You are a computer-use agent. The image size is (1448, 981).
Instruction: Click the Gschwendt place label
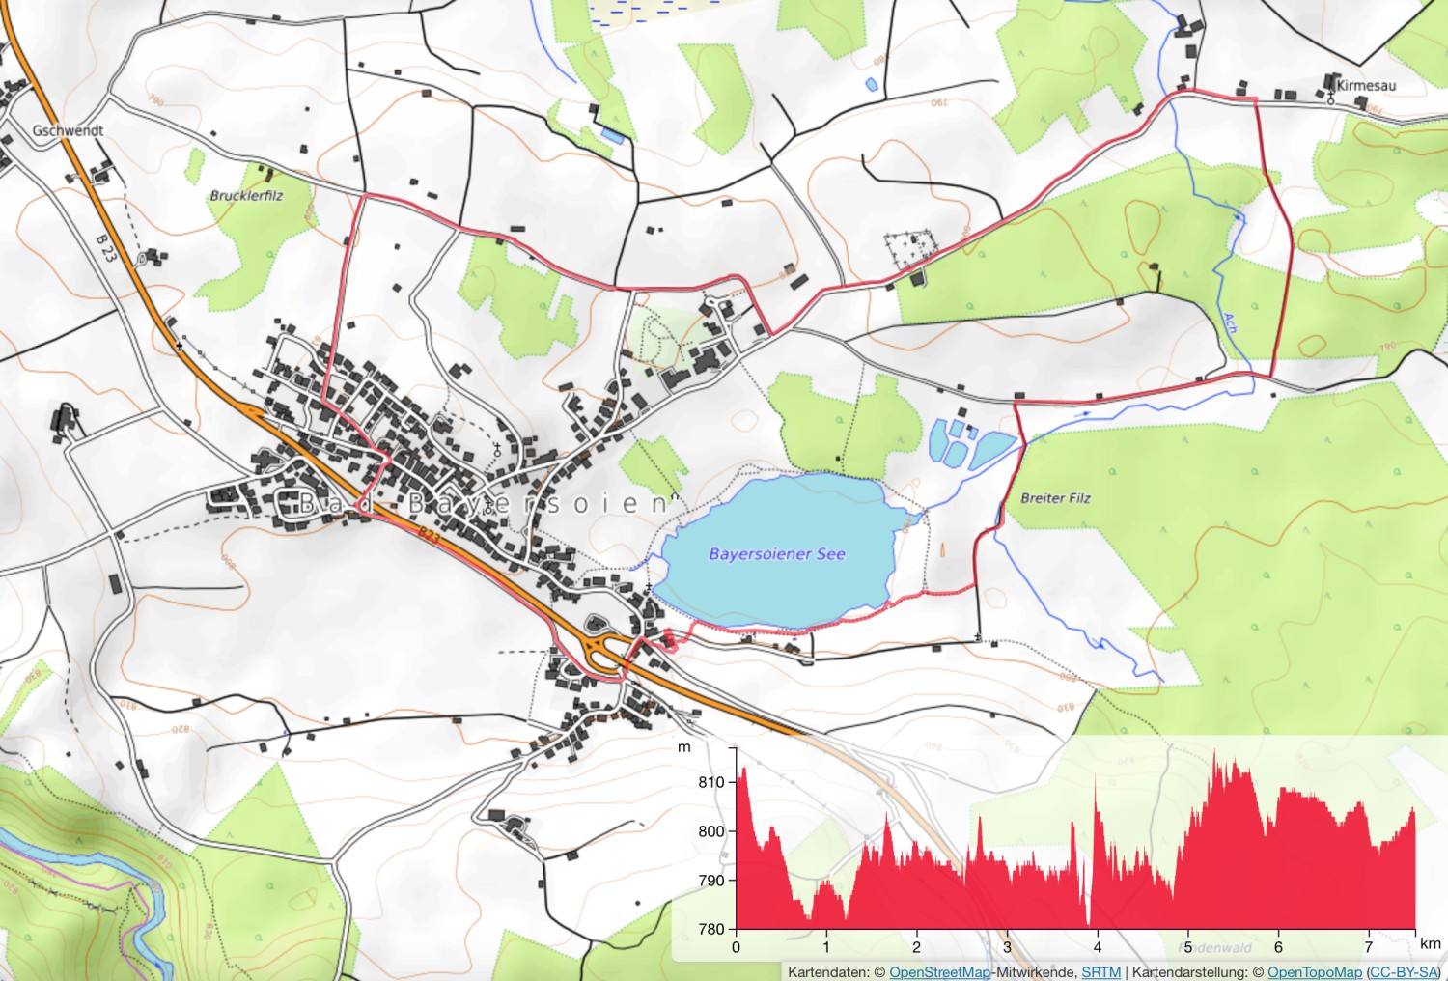(x=68, y=130)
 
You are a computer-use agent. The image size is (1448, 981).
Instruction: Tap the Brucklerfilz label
(x=247, y=195)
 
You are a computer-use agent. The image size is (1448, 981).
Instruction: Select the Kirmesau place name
(x=1366, y=85)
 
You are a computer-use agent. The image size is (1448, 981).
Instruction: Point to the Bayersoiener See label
(x=777, y=554)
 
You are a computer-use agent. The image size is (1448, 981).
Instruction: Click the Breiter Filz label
(x=1055, y=498)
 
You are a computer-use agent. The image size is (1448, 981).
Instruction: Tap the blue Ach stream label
(x=1230, y=322)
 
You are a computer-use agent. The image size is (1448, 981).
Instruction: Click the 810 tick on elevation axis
(x=711, y=782)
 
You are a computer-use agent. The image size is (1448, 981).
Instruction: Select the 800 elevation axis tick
(x=711, y=831)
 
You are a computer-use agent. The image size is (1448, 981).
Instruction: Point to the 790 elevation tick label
(x=711, y=881)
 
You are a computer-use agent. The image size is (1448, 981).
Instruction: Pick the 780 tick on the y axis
(x=711, y=929)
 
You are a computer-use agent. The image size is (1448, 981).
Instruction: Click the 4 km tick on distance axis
(x=1098, y=947)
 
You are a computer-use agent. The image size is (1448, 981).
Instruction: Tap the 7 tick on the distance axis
(x=1369, y=947)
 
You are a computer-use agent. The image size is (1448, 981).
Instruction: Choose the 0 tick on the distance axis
(x=737, y=947)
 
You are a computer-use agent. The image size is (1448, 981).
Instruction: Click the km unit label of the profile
(x=1431, y=943)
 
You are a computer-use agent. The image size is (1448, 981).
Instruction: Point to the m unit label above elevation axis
(x=684, y=747)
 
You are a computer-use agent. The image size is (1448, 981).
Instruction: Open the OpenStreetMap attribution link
(x=939, y=972)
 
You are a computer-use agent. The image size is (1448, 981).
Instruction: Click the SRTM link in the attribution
(x=1100, y=972)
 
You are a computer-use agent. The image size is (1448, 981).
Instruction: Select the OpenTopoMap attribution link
(x=1314, y=972)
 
